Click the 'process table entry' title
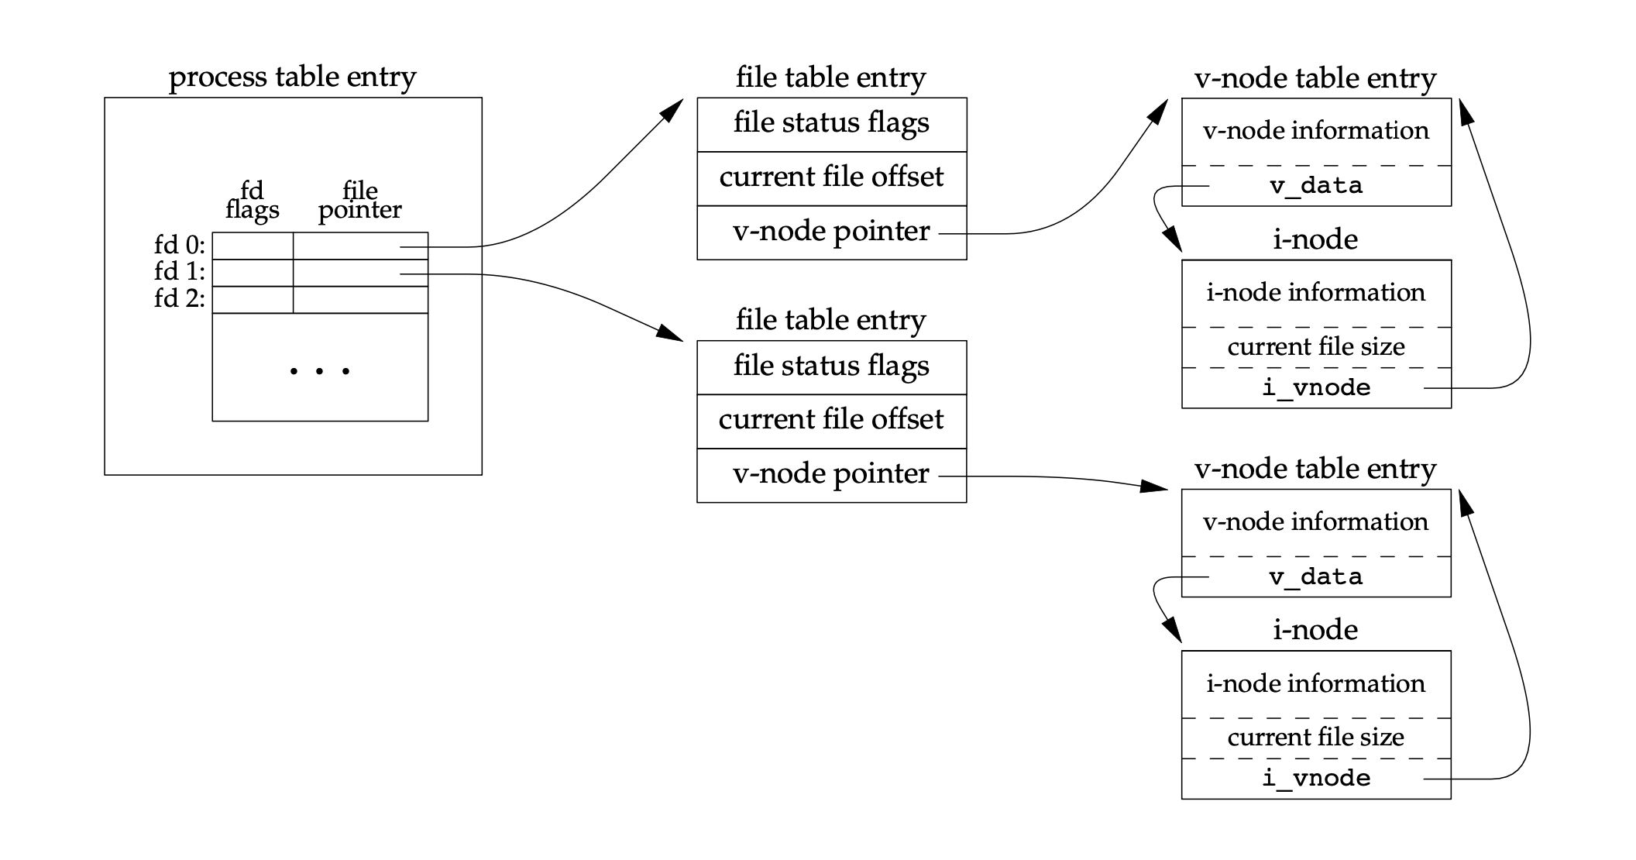pyautogui.click(x=292, y=77)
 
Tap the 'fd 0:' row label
pyautogui.click(x=180, y=246)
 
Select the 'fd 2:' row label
pyautogui.click(x=180, y=298)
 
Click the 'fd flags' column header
pyautogui.click(x=253, y=200)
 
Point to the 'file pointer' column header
pyautogui.click(x=360, y=200)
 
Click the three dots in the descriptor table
pyautogui.click(x=320, y=371)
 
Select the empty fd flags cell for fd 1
pyautogui.click(x=253, y=273)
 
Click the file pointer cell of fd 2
pyautogui.click(x=360, y=300)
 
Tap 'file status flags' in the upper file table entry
pyautogui.click(x=831, y=123)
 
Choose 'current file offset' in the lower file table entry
pyautogui.click(x=831, y=420)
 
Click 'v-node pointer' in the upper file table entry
pyautogui.click(x=831, y=232)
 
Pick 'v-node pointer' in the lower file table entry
pyautogui.click(x=831, y=474)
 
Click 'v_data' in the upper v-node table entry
pyautogui.click(x=1316, y=186)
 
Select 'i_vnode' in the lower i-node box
pyautogui.click(x=1316, y=778)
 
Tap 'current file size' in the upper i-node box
pyautogui.click(x=1316, y=346)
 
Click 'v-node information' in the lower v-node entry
pyautogui.click(x=1316, y=521)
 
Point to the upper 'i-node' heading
pyautogui.click(x=1315, y=239)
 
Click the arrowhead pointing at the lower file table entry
pyautogui.click(x=671, y=335)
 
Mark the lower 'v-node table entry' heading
pyautogui.click(x=1315, y=469)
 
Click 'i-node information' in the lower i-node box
pyautogui.click(x=1316, y=683)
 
